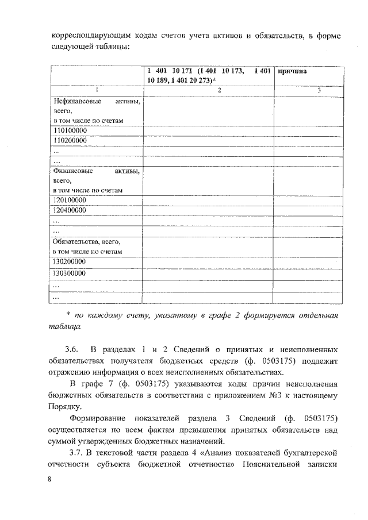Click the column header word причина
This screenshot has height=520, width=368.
[x=292, y=72]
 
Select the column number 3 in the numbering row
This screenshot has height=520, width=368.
[x=319, y=90]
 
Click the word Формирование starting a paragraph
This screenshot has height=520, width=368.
[x=98, y=417]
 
